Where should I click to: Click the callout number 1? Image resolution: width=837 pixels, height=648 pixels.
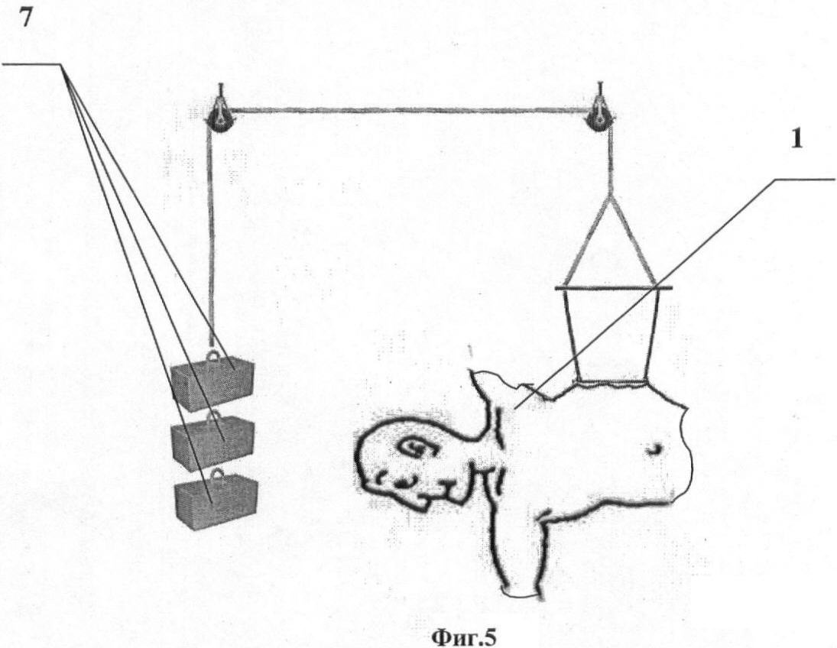point(796,139)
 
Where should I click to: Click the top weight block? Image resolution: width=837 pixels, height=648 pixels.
point(212,378)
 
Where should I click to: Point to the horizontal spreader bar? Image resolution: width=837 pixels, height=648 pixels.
point(613,288)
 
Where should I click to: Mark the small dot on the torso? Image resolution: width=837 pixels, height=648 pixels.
point(654,451)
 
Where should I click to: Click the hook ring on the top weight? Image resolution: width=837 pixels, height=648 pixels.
point(213,355)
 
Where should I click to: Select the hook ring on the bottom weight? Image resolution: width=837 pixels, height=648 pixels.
point(217,475)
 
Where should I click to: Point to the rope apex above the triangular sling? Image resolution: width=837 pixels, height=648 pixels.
point(610,195)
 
